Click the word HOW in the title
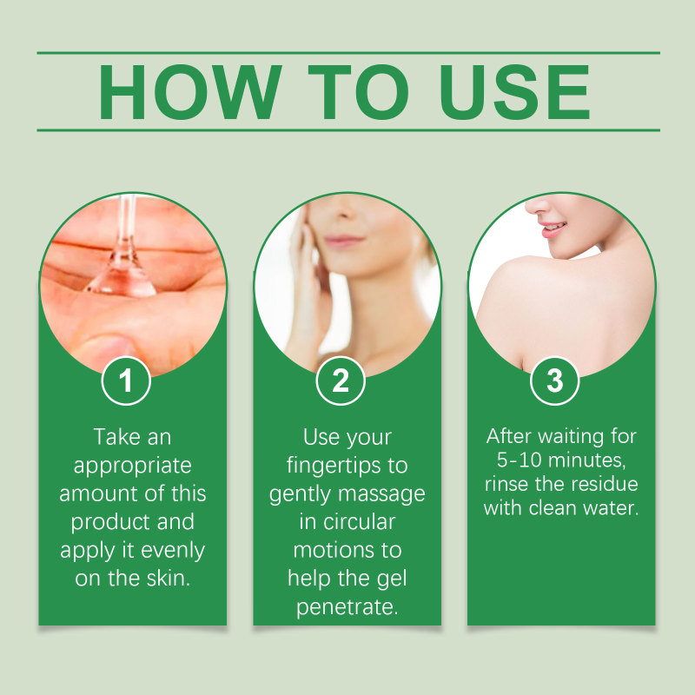tap(189, 92)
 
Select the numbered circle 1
tap(126, 381)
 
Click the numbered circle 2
tap(341, 381)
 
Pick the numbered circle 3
tap(554, 381)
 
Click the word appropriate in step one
tap(133, 467)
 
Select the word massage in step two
tap(381, 494)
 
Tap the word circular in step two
tap(359, 522)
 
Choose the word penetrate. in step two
tap(347, 607)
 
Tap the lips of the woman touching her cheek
tap(343, 242)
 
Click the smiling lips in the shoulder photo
tap(553, 229)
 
